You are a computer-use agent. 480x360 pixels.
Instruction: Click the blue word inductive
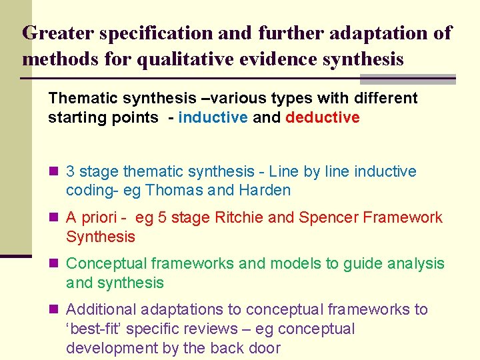click(x=213, y=118)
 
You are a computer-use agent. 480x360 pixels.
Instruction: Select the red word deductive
click(x=323, y=118)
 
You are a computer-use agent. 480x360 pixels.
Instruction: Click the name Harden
click(x=265, y=191)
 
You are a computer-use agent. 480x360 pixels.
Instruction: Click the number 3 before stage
click(x=71, y=172)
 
